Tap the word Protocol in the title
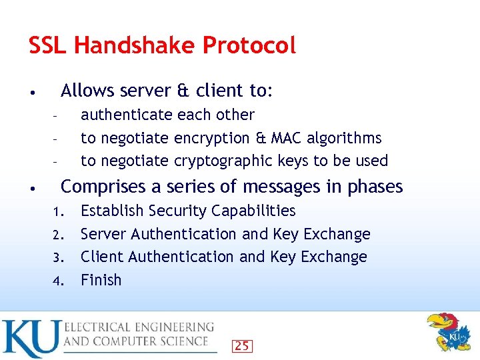pos(249,45)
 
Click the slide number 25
pos(242,345)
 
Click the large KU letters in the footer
pos(31,338)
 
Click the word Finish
pos(101,280)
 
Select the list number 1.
pos(57,212)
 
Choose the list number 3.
pos(57,258)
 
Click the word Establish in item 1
pos(111,211)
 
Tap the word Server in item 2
pos(103,234)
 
